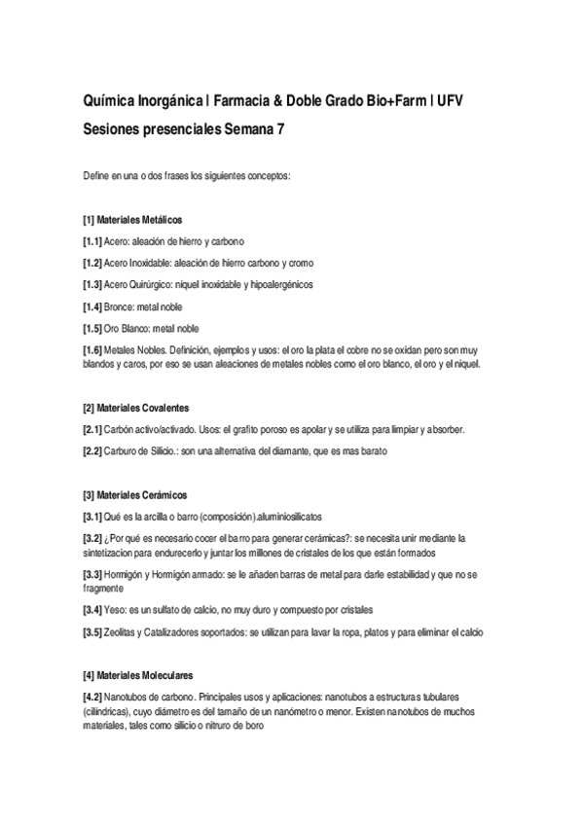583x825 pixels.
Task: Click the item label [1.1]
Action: [92, 241]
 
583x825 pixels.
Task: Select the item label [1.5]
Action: [92, 328]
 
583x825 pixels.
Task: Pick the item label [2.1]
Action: [92, 429]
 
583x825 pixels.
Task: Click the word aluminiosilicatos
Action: [293, 516]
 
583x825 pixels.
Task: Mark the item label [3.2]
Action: [92, 538]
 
